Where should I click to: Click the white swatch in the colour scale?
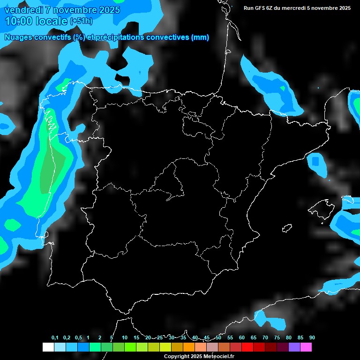(x=48, y=347)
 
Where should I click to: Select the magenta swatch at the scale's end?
(x=306, y=347)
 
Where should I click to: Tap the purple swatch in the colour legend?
(x=294, y=347)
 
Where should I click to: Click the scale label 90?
(x=312, y=338)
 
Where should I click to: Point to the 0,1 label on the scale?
(x=55, y=338)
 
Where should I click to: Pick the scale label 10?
(x=125, y=338)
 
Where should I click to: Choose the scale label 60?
(x=242, y=338)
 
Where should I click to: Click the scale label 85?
(x=300, y=338)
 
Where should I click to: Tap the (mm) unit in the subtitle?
(x=200, y=37)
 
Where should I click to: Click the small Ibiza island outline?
(x=286, y=228)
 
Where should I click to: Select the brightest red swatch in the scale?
(x=247, y=347)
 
